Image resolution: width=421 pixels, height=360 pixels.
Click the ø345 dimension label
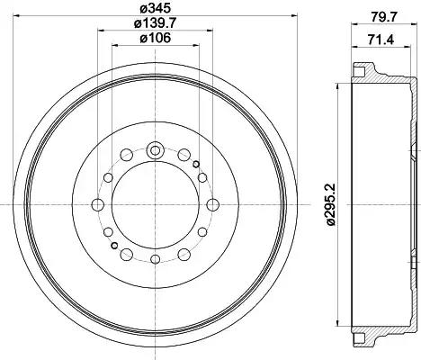(155, 8)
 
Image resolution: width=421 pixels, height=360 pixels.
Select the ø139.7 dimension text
(155, 22)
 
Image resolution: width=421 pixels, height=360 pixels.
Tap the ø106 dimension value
(156, 38)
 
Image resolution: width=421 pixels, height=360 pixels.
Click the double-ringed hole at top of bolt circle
(155, 150)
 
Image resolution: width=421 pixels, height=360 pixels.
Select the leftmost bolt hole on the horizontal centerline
(97, 205)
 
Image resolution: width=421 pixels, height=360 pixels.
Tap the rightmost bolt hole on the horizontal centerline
(212, 205)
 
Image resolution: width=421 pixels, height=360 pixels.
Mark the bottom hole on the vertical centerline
(155, 259)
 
